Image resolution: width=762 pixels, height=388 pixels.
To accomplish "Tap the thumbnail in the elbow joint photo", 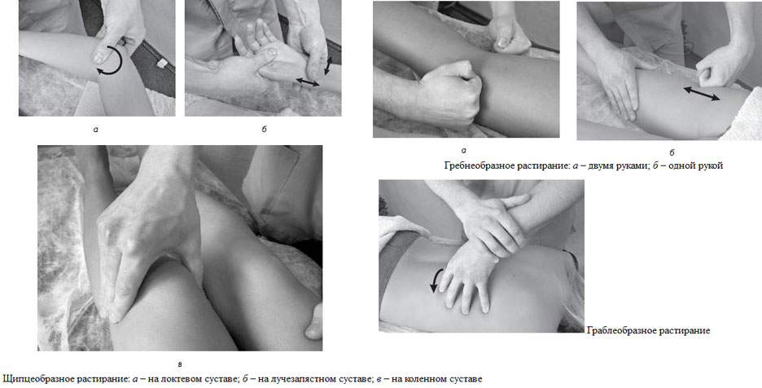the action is coord(100,55).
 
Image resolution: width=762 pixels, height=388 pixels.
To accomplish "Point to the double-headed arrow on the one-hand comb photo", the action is coord(702,93).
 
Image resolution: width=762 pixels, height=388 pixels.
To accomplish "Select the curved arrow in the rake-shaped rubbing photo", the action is coord(433,280).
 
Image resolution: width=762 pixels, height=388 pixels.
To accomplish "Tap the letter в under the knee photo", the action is coord(180,364).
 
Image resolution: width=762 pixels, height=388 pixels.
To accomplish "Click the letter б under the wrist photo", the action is coord(264,129).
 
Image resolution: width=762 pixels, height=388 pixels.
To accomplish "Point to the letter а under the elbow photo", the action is coord(96,130).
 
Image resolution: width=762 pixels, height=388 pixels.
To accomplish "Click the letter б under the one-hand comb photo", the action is coord(672,152).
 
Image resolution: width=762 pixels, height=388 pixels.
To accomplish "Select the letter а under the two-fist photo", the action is coord(463,151).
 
